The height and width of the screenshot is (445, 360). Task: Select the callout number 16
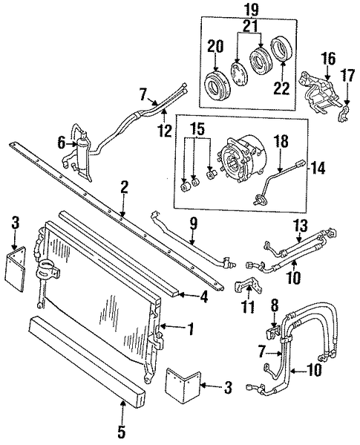point(328,59)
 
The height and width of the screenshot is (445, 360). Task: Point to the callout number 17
point(348,76)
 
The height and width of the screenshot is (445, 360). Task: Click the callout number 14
point(318,168)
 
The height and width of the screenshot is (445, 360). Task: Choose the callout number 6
point(61,143)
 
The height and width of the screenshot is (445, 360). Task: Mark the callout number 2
point(124,187)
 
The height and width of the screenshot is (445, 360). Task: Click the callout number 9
point(192,224)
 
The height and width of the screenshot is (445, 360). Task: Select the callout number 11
point(247,306)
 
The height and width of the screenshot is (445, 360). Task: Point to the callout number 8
point(275,306)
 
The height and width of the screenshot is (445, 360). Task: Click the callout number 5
point(121,432)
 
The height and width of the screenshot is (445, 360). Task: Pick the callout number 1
point(190,328)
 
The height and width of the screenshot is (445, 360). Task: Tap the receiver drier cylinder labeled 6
point(82,155)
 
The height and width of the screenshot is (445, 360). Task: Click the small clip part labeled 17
point(342,114)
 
